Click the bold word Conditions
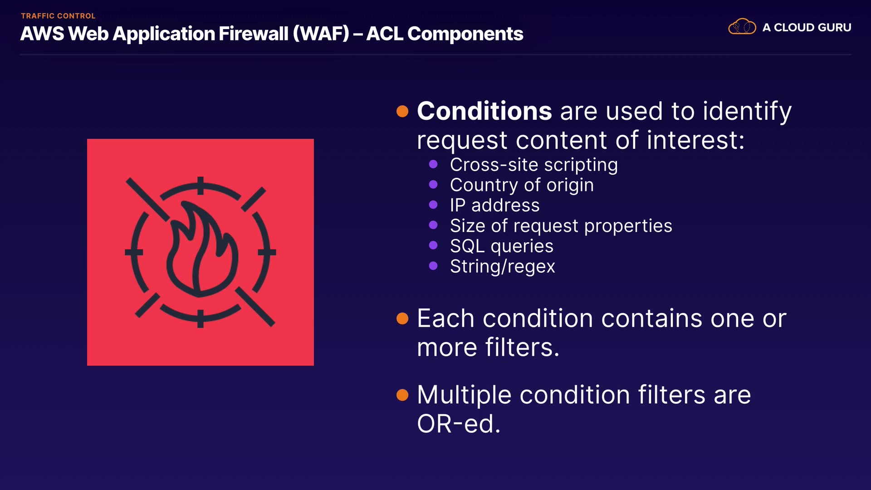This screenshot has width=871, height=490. click(484, 111)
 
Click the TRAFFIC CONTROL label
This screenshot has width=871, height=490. click(58, 16)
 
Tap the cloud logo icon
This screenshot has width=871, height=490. click(742, 27)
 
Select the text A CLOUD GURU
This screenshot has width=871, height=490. click(807, 27)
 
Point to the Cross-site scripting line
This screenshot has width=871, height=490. click(534, 165)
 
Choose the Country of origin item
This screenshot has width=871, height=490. click(522, 185)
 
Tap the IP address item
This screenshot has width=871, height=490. click(494, 206)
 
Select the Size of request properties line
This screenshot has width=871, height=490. click(561, 226)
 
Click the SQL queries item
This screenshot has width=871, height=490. click(501, 246)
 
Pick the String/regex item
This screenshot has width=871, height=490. click(502, 267)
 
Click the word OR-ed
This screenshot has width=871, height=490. click(459, 424)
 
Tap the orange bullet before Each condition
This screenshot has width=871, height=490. click(402, 318)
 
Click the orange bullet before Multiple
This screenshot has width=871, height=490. click(402, 395)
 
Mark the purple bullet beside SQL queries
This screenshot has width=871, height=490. click(433, 245)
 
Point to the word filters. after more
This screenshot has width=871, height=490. click(522, 347)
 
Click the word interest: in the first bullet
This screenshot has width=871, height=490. click(695, 140)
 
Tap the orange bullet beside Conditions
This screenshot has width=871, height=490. click(402, 111)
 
